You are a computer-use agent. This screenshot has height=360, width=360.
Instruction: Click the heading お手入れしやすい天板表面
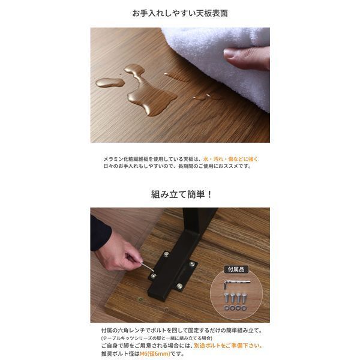180,13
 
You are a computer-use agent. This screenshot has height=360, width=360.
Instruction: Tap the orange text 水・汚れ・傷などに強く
230,159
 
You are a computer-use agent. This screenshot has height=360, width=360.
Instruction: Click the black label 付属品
234,270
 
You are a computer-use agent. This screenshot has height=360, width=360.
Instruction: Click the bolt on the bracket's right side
191,264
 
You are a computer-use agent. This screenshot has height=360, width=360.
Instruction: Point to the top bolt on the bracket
166,254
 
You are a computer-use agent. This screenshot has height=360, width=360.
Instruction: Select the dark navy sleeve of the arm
99,231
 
